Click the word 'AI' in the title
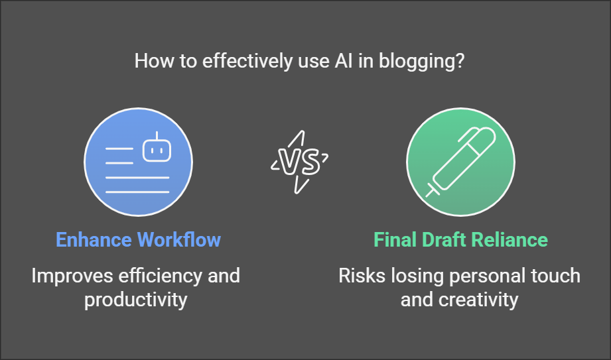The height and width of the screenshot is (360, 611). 344,61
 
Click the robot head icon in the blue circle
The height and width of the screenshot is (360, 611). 157,150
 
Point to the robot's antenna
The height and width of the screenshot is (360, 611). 157,136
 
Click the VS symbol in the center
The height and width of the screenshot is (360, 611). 300,162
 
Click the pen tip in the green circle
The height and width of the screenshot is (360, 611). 430,192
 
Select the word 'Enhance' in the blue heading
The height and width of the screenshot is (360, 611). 94,239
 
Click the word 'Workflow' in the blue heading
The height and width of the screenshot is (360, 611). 179,239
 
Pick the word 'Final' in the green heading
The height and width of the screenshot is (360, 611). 395,239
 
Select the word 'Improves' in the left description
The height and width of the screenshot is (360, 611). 72,276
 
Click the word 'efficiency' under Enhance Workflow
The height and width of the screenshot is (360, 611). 160,276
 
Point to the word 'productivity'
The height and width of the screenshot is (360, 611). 136,300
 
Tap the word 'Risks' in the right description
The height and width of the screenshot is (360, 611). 362,276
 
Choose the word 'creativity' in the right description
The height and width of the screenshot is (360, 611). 478,300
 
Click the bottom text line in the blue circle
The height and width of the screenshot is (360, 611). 137,192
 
